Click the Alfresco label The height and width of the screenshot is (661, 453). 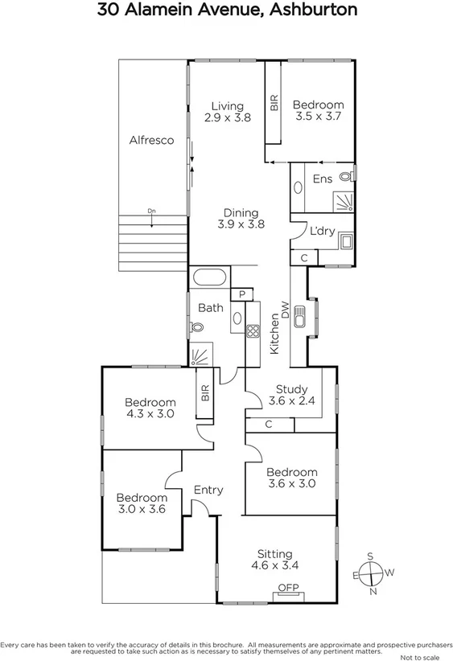click(152, 140)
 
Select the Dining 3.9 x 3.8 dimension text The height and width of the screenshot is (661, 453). click(241, 225)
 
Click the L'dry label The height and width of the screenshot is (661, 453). click(322, 231)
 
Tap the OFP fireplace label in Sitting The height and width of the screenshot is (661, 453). click(288, 588)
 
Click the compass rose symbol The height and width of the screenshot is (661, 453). click(370, 573)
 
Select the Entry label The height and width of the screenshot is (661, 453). click(208, 490)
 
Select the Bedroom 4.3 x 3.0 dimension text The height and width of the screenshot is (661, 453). click(150, 414)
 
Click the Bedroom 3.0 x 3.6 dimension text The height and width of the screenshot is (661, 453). click(141, 508)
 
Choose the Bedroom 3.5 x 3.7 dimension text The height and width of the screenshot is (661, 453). click(317, 117)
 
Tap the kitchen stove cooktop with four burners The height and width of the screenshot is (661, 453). click(251, 330)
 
